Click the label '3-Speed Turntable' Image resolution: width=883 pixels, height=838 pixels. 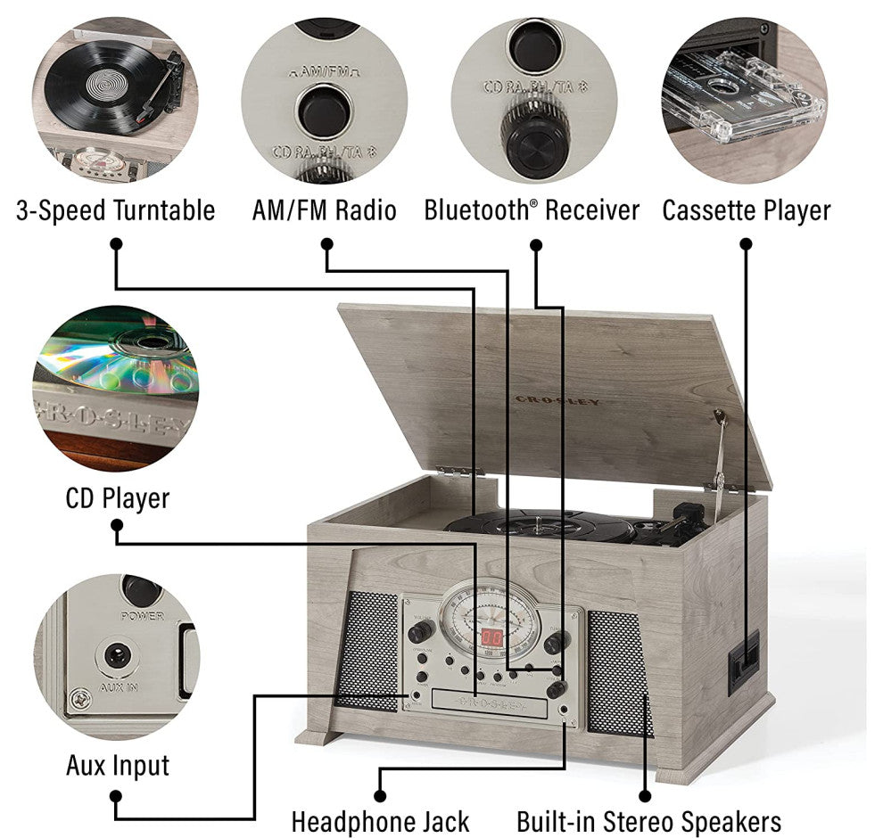[115, 210]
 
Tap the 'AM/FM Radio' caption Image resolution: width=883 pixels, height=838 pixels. [324, 210]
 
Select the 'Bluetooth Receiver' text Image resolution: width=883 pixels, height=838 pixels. [532, 210]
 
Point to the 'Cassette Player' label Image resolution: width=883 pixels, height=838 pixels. [746, 210]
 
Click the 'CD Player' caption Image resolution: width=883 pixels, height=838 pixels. [117, 497]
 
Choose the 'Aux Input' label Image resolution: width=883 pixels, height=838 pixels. [117, 765]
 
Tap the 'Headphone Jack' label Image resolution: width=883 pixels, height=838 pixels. [380, 821]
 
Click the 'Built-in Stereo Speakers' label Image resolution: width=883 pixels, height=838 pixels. [649, 821]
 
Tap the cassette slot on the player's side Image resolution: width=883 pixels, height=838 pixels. [743, 661]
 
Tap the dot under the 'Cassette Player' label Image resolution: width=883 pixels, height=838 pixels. [746, 243]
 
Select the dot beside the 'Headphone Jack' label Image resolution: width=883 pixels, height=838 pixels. [380, 796]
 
